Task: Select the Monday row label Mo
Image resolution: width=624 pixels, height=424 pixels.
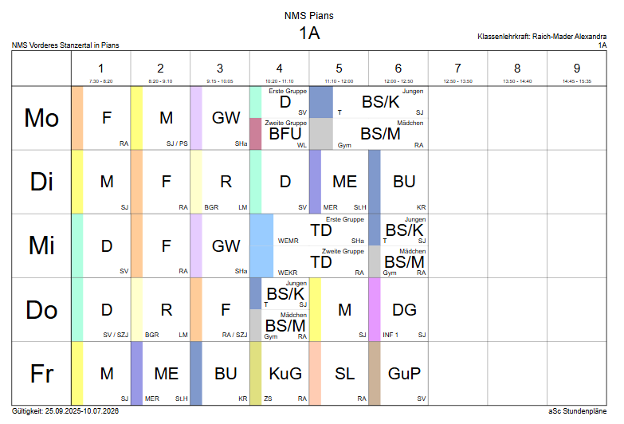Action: point(41,118)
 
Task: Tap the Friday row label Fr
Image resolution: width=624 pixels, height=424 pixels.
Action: point(41,373)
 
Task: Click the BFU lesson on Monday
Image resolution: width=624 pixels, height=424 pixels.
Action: point(285,134)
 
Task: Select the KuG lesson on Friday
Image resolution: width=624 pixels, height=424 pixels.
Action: point(285,373)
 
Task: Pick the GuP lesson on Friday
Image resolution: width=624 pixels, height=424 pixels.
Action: point(404,373)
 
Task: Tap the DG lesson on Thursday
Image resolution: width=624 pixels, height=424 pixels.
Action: point(404,309)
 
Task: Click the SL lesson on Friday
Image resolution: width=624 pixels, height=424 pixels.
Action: point(344,373)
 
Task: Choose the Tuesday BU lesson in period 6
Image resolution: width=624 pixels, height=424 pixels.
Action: point(404,182)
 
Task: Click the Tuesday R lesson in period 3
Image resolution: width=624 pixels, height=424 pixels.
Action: point(226,182)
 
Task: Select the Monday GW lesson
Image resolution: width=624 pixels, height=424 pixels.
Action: point(226,118)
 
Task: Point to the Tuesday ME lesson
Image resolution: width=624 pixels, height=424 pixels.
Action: point(344,182)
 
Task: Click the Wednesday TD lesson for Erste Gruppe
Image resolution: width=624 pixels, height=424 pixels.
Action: point(320,230)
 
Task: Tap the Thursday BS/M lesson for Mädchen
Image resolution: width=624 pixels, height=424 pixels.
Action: point(285,325)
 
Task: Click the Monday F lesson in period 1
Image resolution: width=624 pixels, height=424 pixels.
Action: point(106,118)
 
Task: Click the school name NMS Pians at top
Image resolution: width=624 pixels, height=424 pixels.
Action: point(309,15)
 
